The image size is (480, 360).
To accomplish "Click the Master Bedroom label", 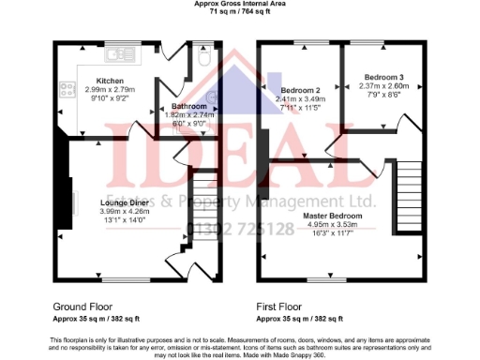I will [334, 216].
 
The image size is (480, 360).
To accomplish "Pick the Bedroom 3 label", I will [384, 76].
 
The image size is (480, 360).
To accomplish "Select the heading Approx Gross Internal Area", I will [240, 5].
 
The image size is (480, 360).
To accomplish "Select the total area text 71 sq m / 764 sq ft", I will [240, 13].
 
